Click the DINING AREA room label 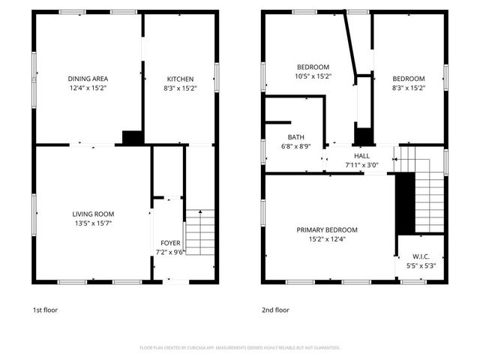[x=88, y=79]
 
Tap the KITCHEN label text [x=180, y=79]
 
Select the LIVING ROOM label [x=93, y=214]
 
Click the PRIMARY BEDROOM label [x=327, y=229]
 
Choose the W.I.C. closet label [x=420, y=256]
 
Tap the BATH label [x=295, y=137]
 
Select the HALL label [x=362, y=155]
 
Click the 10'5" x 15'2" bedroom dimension [x=313, y=76]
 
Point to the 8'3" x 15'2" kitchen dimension [x=180, y=88]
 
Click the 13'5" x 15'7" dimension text [x=93, y=223]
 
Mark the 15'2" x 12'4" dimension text [x=327, y=238]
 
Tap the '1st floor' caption [x=45, y=310]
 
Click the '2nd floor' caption [x=275, y=310]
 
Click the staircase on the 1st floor [x=199, y=232]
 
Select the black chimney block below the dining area [x=133, y=137]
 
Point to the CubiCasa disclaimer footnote [x=240, y=348]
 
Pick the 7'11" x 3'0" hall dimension [x=362, y=164]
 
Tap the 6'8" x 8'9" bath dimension [x=295, y=146]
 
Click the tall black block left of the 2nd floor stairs [x=404, y=202]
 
